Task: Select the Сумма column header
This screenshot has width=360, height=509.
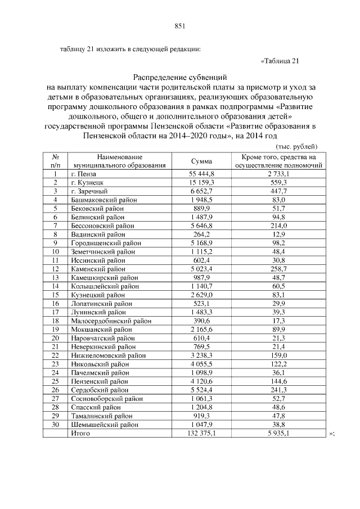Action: [x=201, y=161]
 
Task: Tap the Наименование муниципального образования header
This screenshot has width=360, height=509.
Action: [x=119, y=161]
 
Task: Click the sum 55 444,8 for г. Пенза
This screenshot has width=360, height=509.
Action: [x=201, y=175]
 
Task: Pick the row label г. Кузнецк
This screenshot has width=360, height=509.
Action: [x=86, y=183]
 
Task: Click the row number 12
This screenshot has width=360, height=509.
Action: [x=56, y=269]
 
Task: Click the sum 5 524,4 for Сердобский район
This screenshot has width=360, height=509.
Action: [x=201, y=390]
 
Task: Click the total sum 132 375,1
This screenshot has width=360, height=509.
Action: [x=201, y=434]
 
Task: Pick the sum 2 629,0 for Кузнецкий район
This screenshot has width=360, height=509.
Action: [x=201, y=295]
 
